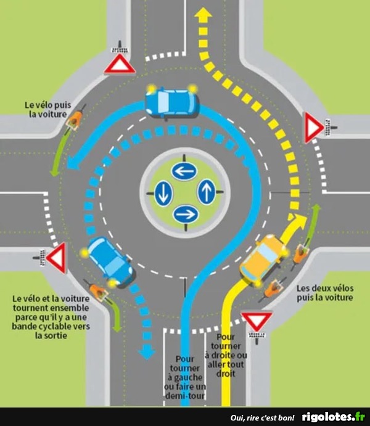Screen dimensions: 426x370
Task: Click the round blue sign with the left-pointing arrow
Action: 183,171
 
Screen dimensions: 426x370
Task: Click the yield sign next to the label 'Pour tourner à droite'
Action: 257,320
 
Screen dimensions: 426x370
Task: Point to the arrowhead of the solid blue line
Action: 75,163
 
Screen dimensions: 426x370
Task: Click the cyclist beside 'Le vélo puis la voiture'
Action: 76,118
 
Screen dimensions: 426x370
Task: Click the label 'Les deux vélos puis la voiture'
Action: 324,292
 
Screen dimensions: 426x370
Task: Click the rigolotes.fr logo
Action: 334,417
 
